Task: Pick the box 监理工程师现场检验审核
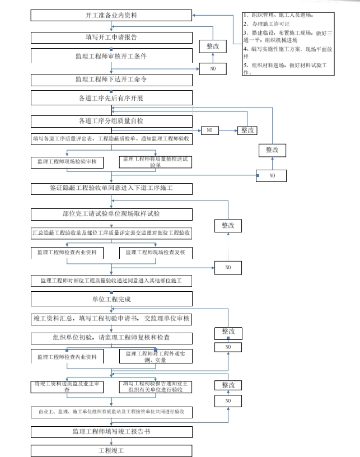(67, 161)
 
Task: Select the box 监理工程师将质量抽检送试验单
(156, 162)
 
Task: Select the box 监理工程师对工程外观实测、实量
(156, 357)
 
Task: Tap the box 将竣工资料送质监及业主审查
(67, 387)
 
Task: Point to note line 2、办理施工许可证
(267, 25)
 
